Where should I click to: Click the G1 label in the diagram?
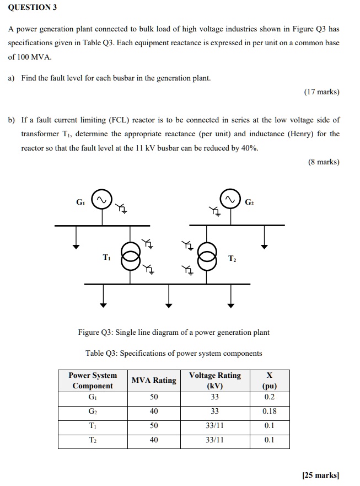pos(80,201)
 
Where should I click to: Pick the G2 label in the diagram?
pos(249,201)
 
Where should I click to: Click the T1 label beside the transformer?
pos(107,258)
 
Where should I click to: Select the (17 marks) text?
pos(321,92)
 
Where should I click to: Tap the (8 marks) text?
pos(323,162)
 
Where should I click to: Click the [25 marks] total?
pos(321,474)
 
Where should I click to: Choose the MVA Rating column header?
pos(154,380)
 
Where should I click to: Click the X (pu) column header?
pos(269,381)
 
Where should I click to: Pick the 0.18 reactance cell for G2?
pos(269,412)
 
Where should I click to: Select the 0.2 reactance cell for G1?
pos(269,397)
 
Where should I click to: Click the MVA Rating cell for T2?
pos(154,440)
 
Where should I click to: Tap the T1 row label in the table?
pos(92,426)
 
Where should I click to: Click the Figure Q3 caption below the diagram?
pos(174,332)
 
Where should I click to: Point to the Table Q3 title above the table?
pos(174,353)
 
